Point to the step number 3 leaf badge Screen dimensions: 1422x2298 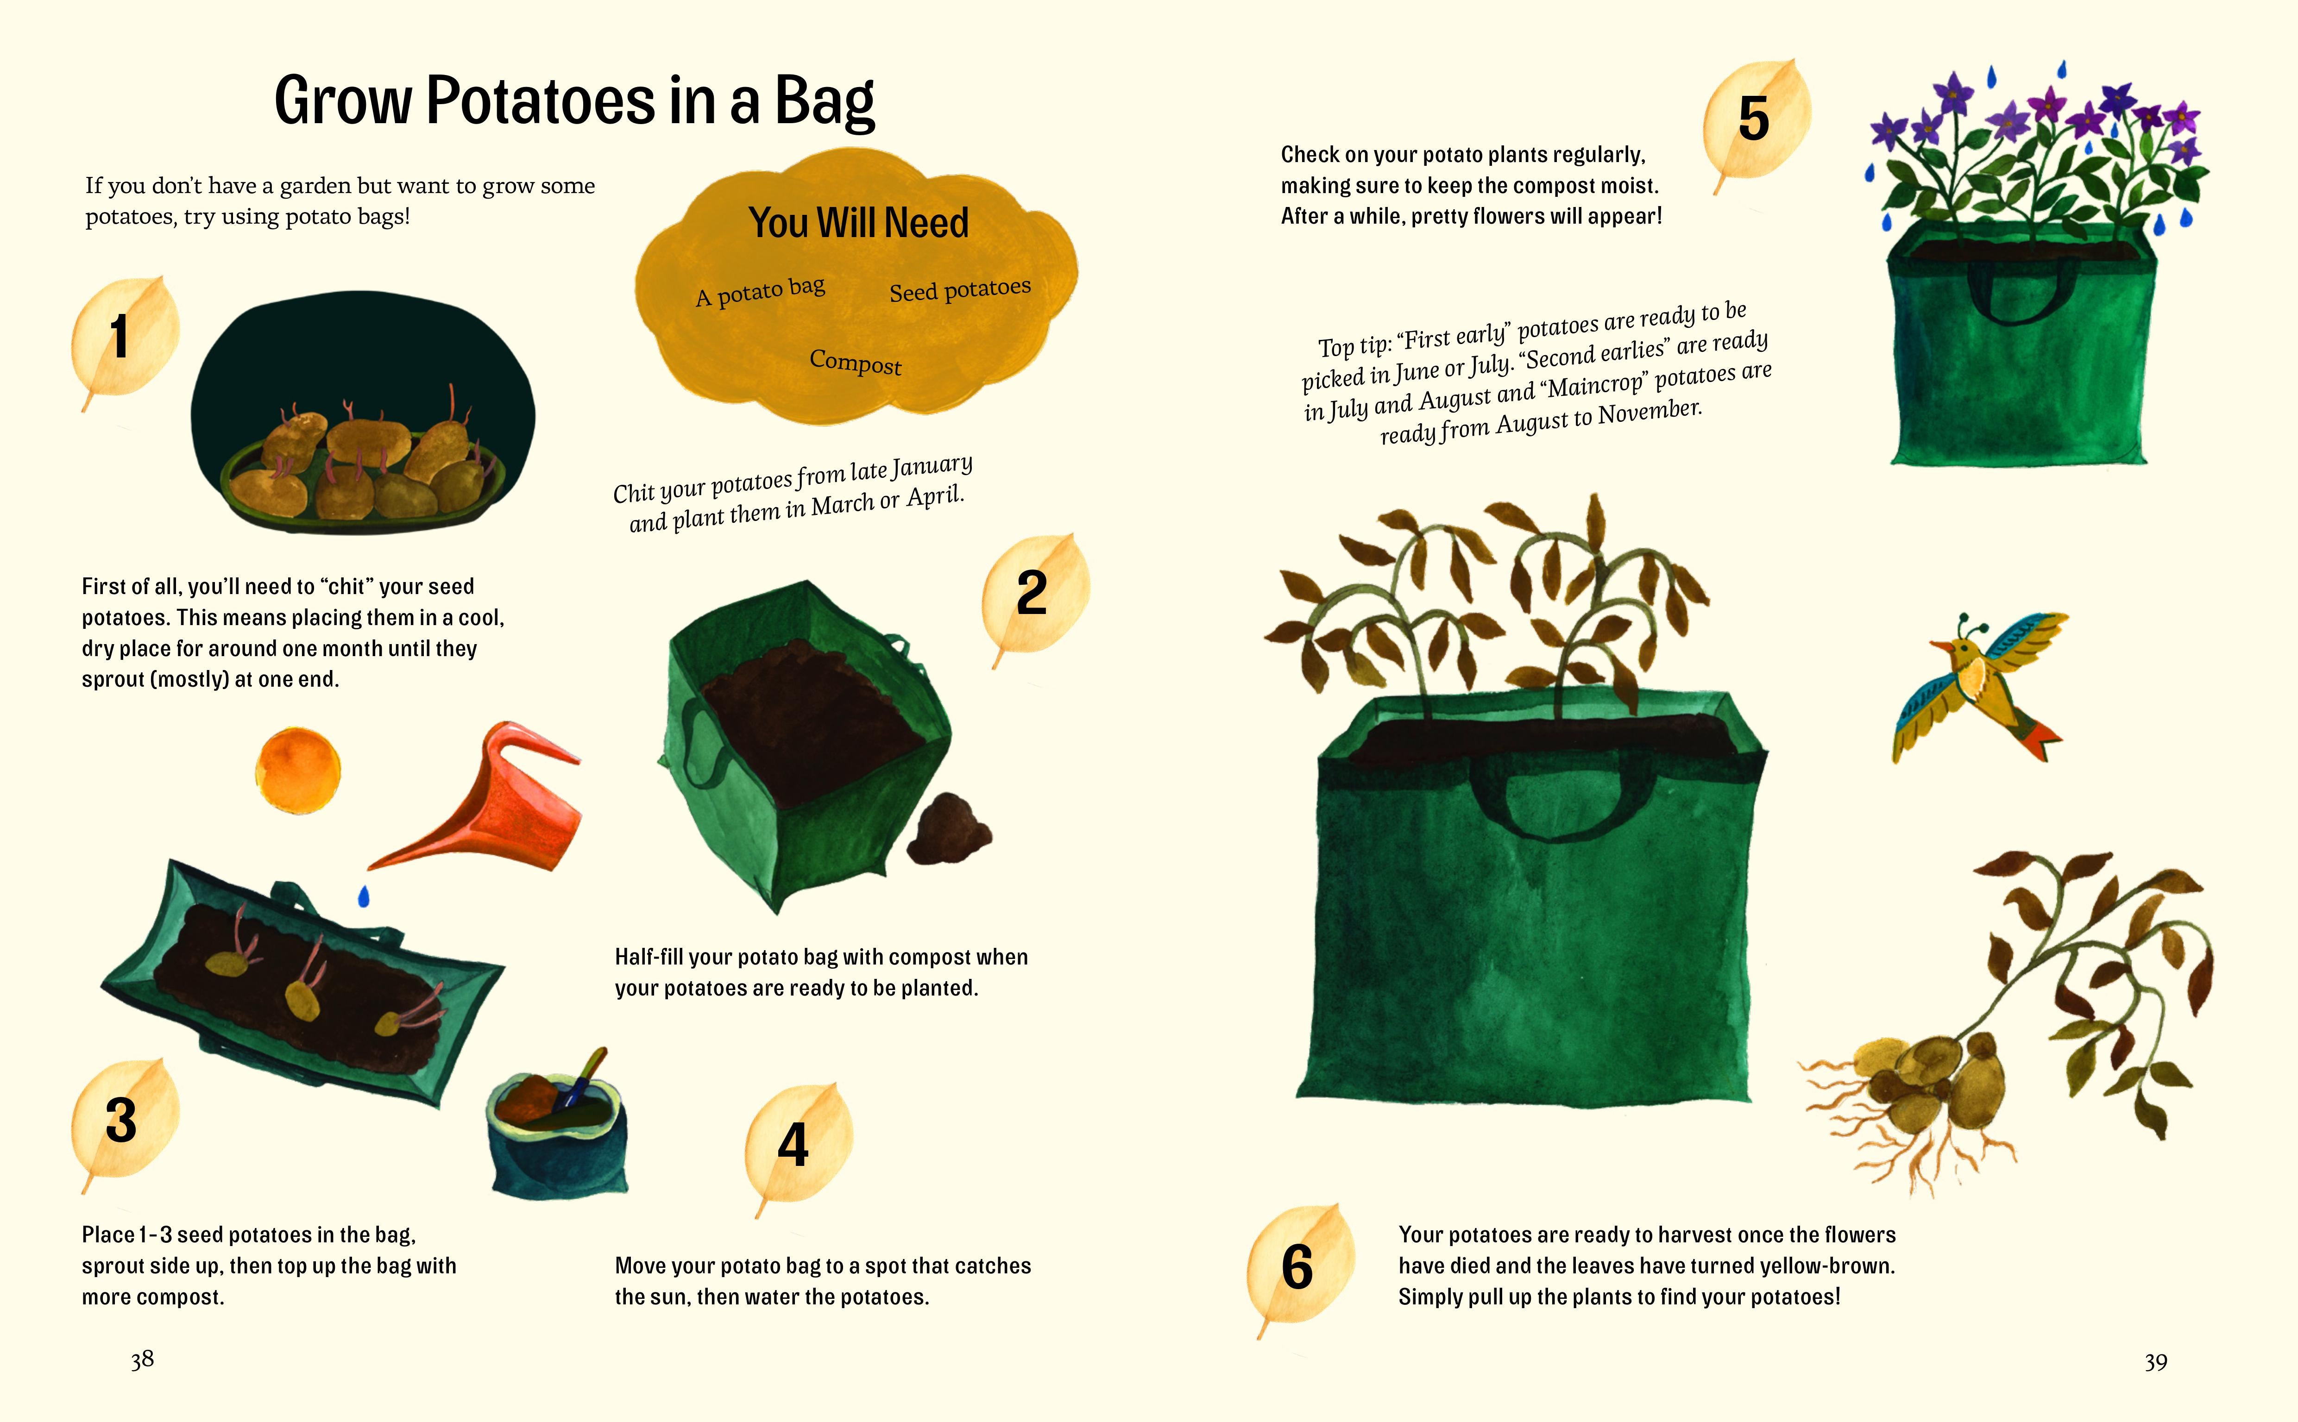[x=123, y=1119]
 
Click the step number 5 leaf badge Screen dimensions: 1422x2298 [x=1755, y=119]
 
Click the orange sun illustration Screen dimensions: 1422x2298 [x=297, y=769]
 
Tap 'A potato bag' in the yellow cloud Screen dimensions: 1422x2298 [x=760, y=292]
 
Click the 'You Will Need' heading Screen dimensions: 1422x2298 [x=858, y=223]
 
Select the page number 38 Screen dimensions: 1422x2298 [x=142, y=1359]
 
